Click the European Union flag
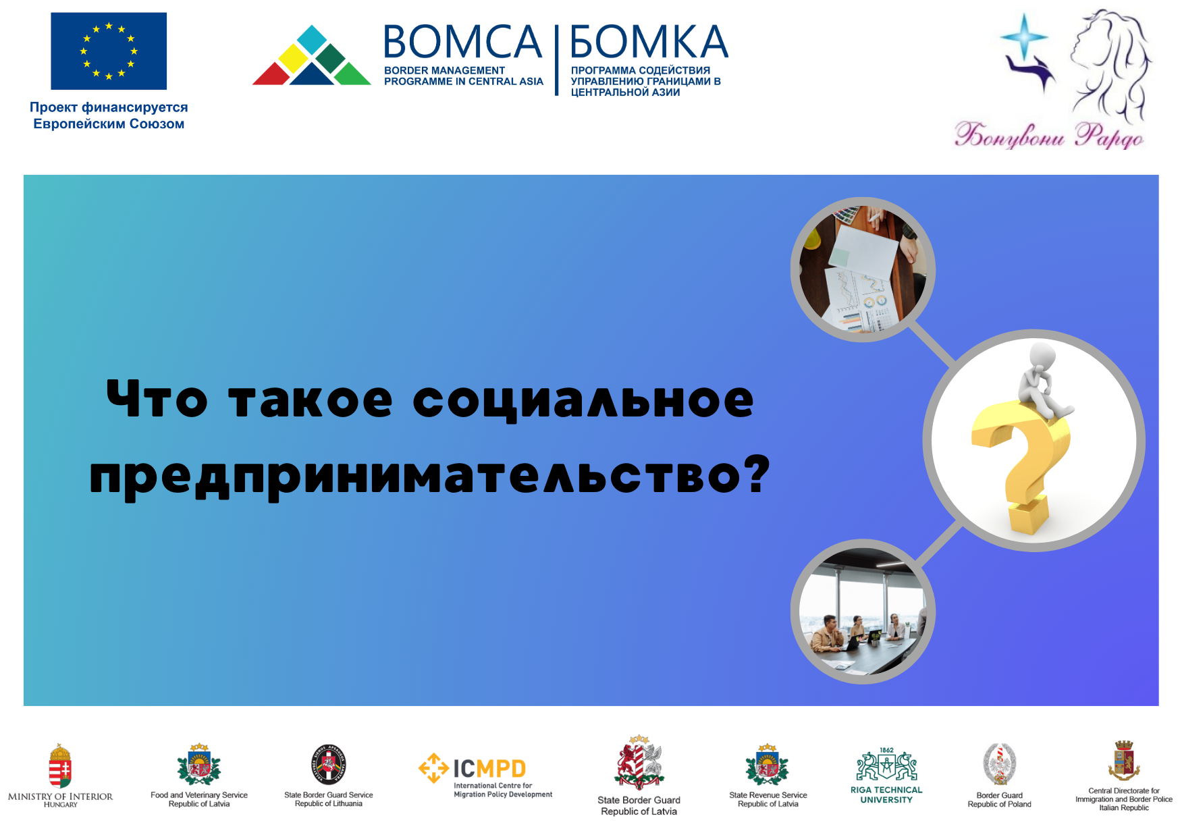tap(109, 51)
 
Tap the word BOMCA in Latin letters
tap(463, 42)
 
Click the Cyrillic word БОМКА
tap(649, 42)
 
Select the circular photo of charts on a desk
tap(863, 269)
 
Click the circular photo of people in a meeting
tap(863, 612)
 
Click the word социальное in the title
tap(583, 400)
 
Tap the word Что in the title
tap(157, 399)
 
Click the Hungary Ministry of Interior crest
tap(60, 766)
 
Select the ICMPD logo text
tap(489, 769)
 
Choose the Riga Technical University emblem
tap(886, 765)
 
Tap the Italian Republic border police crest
tap(1124, 761)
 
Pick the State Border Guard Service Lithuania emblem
tap(329, 765)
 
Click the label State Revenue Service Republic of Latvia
tap(768, 799)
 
